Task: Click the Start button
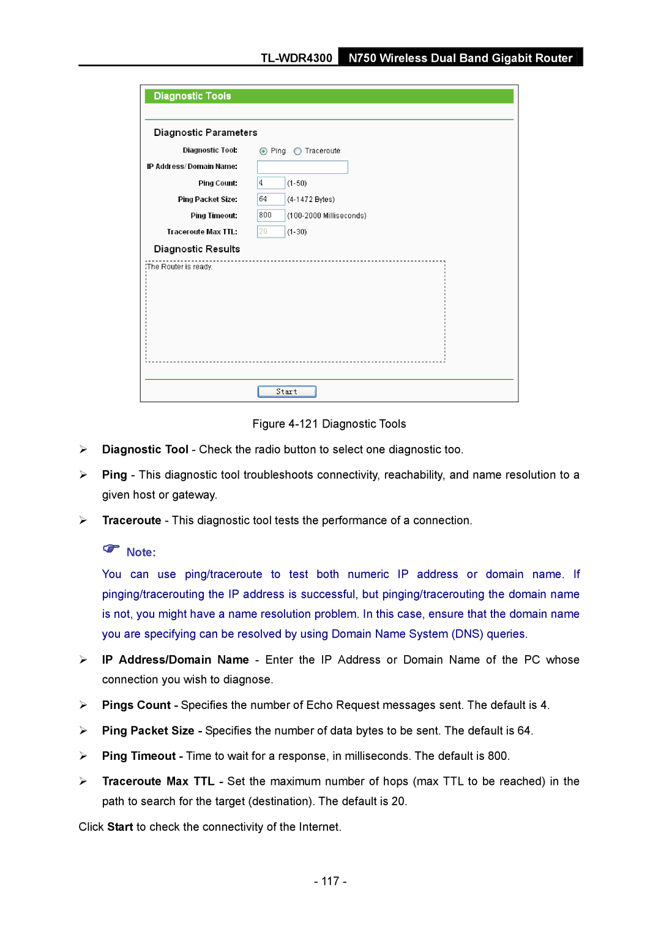pos(286,392)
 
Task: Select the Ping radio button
pos(263,151)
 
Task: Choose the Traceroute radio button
pos(297,151)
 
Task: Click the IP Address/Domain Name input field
pos(302,167)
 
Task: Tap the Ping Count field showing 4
pos(271,183)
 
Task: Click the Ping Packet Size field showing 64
pos(271,199)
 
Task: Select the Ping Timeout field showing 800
pos(271,216)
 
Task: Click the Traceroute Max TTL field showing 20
pos(271,231)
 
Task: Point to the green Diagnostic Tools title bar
pos(329,96)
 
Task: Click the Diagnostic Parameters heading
pos(206,133)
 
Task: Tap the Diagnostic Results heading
pos(197,249)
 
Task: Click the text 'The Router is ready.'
pos(180,267)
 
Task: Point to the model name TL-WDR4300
pos(296,58)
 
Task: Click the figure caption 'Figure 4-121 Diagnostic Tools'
pos(329,424)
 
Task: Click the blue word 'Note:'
pos(141,552)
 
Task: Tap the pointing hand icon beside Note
pos(111,549)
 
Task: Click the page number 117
pos(330,881)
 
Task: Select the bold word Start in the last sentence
pos(120,827)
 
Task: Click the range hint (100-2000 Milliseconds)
pos(327,216)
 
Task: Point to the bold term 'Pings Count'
pos(136,705)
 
